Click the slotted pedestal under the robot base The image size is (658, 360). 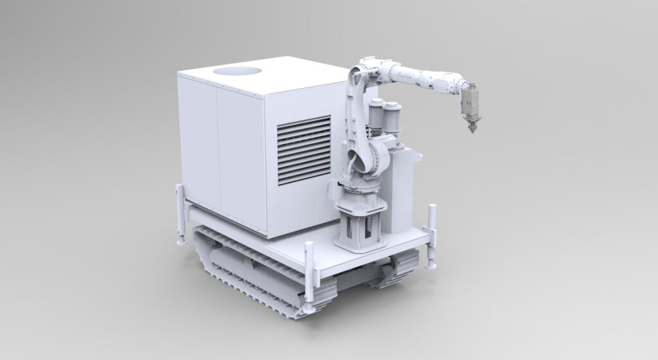pos(358,228)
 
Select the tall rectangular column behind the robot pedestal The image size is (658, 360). pos(403,186)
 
